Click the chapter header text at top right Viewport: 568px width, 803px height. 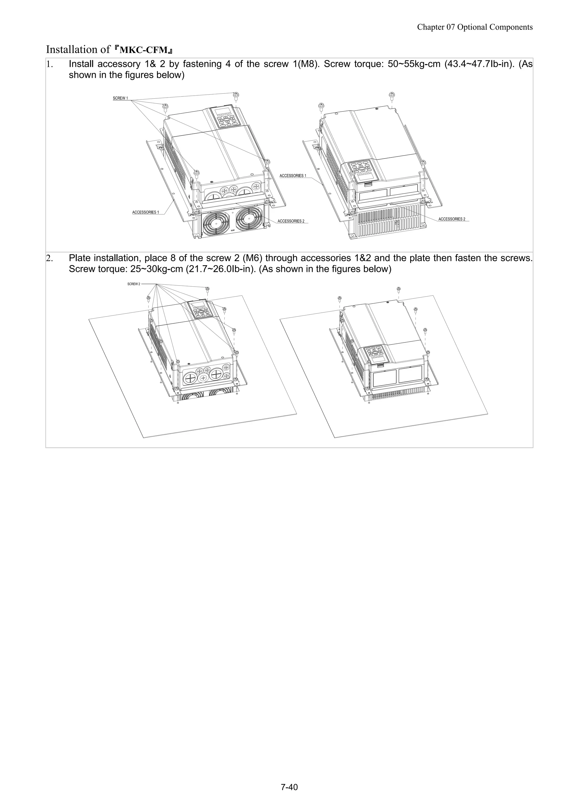click(475, 27)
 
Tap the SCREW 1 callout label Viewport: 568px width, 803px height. click(120, 98)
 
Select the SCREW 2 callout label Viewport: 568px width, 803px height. click(133, 284)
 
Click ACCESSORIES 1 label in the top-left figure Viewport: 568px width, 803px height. click(146, 212)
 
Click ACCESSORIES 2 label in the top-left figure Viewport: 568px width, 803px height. click(291, 221)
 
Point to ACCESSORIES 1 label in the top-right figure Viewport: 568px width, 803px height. click(293, 175)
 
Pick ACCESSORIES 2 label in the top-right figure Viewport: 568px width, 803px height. click(452, 219)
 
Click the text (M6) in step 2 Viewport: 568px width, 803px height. click(252, 258)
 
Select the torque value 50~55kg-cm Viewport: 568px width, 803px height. click(414, 64)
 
